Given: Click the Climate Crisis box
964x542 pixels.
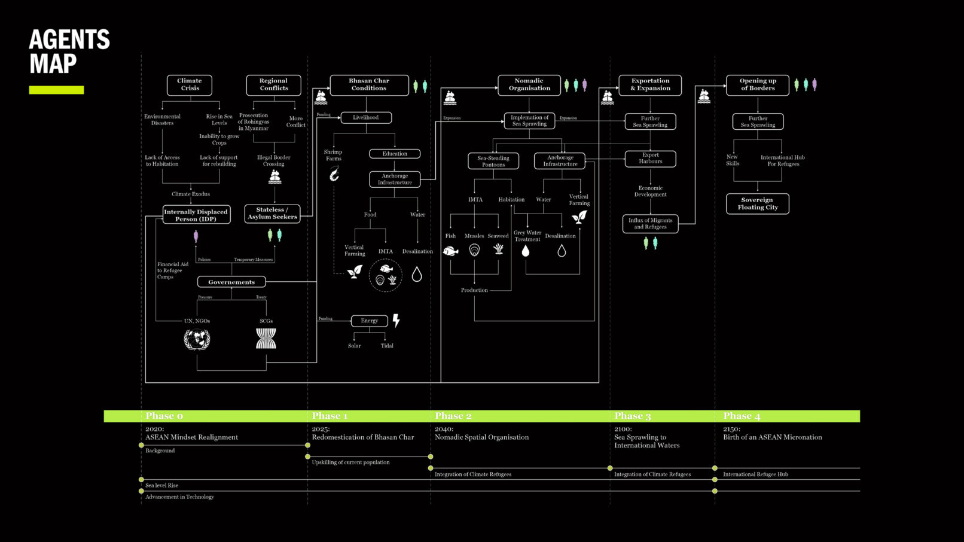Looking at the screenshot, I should click(x=190, y=85).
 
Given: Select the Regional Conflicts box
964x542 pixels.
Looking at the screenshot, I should click(x=273, y=85).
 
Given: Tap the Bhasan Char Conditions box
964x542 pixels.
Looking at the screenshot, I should click(x=369, y=85).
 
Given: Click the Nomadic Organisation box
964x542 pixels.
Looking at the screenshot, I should click(x=529, y=85).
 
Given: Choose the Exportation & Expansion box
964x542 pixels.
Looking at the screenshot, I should click(x=650, y=85).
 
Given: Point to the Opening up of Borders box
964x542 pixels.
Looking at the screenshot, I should click(x=758, y=85).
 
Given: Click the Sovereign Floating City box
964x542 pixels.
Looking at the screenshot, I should click(x=758, y=204).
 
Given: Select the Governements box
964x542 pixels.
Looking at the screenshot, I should click(x=231, y=282).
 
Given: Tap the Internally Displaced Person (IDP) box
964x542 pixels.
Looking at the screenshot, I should click(x=196, y=215).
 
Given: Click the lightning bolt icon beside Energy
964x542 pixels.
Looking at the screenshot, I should click(x=396, y=321).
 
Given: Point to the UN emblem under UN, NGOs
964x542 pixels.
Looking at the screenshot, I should click(x=197, y=340).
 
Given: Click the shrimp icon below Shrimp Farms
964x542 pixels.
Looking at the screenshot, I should click(x=334, y=174).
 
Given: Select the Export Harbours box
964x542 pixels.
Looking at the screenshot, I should click(x=650, y=159).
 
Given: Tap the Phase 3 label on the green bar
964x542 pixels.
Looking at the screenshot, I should click(x=632, y=416).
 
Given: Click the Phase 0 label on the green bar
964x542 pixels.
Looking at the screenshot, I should click(x=164, y=416).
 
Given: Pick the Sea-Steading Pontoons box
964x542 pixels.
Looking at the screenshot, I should click(x=493, y=162).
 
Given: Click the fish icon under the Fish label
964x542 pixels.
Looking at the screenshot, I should click(x=450, y=251).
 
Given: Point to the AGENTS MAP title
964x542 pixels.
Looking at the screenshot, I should click(x=69, y=51).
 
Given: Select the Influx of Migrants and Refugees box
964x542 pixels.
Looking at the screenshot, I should click(x=650, y=224).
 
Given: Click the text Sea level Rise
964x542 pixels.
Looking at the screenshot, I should click(x=161, y=486).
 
